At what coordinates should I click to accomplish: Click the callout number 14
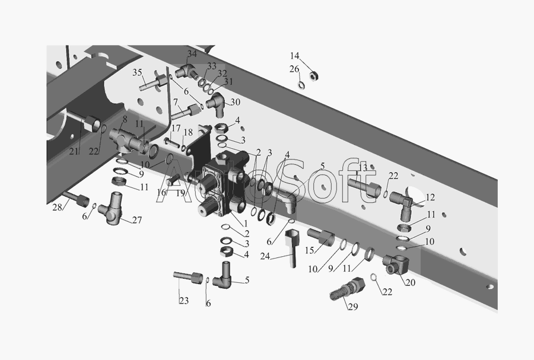(294, 56)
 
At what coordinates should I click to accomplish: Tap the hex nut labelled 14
(313, 76)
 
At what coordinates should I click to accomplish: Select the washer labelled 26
(301, 85)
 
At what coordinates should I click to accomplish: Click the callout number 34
(192, 54)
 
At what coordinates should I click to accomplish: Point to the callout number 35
(137, 72)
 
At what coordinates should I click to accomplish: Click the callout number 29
(353, 307)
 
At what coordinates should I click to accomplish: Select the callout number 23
(184, 301)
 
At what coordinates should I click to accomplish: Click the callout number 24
(265, 256)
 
